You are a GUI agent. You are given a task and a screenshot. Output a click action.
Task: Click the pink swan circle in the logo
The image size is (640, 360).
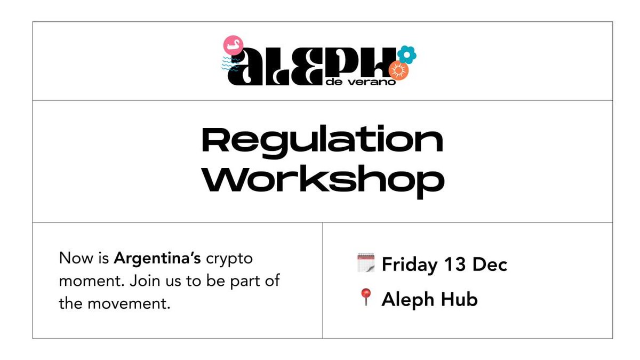pos(232,45)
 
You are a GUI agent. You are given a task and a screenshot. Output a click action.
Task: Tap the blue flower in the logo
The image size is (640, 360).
pos(407,54)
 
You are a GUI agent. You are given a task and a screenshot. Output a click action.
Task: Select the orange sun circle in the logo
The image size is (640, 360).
pos(398,70)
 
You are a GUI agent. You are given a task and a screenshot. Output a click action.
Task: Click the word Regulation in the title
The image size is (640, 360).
pos(322,140)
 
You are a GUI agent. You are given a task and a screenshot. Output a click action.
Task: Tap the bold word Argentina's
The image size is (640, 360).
pos(157,259)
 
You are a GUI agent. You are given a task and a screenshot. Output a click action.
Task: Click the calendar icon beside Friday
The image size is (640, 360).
pos(365,263)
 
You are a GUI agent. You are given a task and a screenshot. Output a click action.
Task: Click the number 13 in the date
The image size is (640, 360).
pos(456,265)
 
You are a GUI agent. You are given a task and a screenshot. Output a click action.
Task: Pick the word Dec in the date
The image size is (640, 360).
pos(489,265)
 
